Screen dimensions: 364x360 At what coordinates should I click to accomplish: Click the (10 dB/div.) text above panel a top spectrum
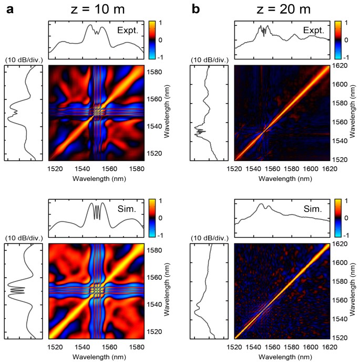[22, 60]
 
